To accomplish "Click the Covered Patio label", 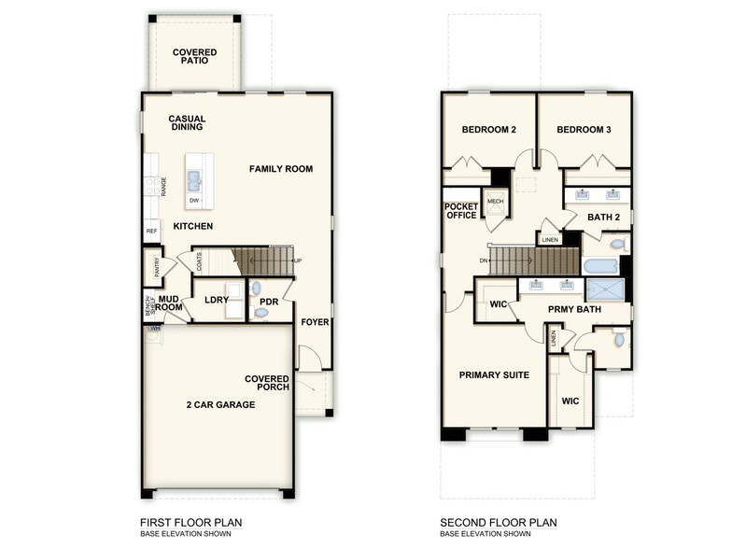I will pyautogui.click(x=194, y=58).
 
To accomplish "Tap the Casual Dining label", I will pyautogui.click(x=187, y=124).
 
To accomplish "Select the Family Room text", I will pyautogui.click(x=280, y=169).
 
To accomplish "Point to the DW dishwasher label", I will pyautogui.click(x=194, y=200).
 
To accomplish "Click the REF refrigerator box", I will pyautogui.click(x=150, y=231).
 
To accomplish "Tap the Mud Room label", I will pyautogui.click(x=168, y=303).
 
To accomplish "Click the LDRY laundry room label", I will pyautogui.click(x=217, y=301).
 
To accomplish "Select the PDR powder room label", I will pyautogui.click(x=270, y=302).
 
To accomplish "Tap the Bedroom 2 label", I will pyautogui.click(x=489, y=130).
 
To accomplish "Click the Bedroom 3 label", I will pyautogui.click(x=584, y=130).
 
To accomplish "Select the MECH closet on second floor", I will pyautogui.click(x=495, y=202).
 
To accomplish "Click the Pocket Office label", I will pyautogui.click(x=461, y=211).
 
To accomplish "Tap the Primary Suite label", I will pyautogui.click(x=494, y=375).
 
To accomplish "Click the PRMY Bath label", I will pyautogui.click(x=573, y=309).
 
